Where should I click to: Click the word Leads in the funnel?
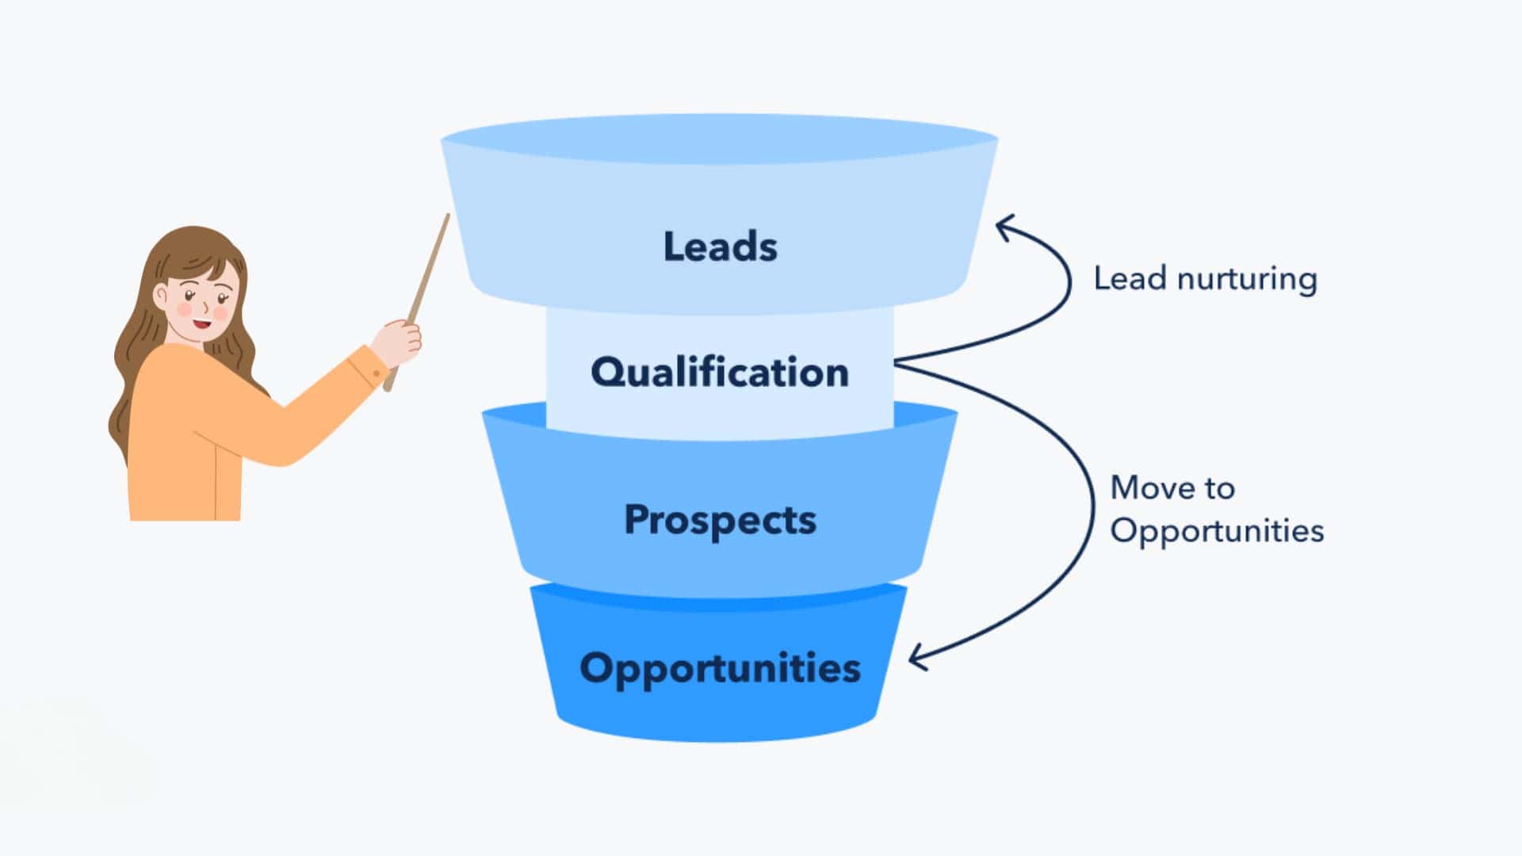coord(720,246)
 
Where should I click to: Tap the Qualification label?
coord(720,373)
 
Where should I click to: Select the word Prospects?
coord(720,521)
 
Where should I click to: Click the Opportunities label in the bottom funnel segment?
coord(720,668)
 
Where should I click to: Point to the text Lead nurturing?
coord(1205,279)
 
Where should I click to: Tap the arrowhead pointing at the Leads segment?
coord(1004,227)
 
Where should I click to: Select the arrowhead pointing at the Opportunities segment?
coord(918,658)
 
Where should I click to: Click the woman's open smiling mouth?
coord(201,323)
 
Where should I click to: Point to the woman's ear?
coord(162,298)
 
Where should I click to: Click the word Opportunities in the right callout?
coord(1217,531)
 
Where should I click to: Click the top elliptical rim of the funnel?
coord(720,139)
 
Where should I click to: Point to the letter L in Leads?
coord(674,246)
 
